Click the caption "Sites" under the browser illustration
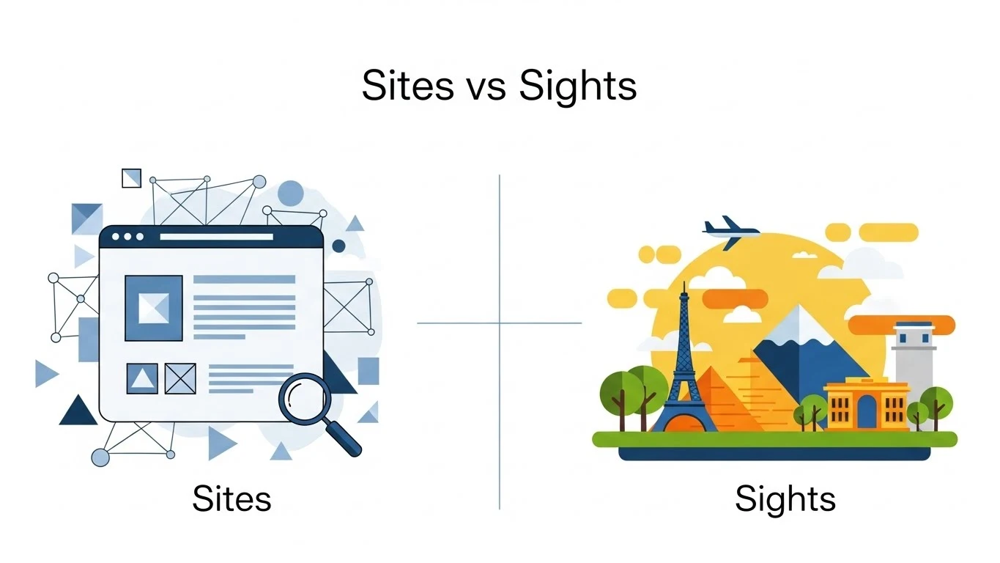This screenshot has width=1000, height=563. pyautogui.click(x=232, y=499)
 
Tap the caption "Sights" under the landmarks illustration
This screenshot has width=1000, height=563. pyautogui.click(x=785, y=499)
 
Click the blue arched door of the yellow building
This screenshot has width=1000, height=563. pyautogui.click(x=867, y=412)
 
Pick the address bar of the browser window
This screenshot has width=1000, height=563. pyautogui.click(x=216, y=237)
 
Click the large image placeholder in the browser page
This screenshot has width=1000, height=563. pyautogui.click(x=153, y=308)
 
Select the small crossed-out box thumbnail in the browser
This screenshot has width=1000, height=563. pyautogui.click(x=180, y=378)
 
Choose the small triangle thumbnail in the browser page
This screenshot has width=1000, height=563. pyautogui.click(x=142, y=378)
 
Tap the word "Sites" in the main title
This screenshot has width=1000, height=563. pyautogui.click(x=407, y=87)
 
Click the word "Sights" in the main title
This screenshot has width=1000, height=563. pyautogui.click(x=578, y=87)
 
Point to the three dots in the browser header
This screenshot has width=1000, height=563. pyautogui.click(x=127, y=237)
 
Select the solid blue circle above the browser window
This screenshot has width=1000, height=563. pyautogui.click(x=290, y=193)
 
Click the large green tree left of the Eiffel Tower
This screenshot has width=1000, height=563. pyautogui.click(x=623, y=392)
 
